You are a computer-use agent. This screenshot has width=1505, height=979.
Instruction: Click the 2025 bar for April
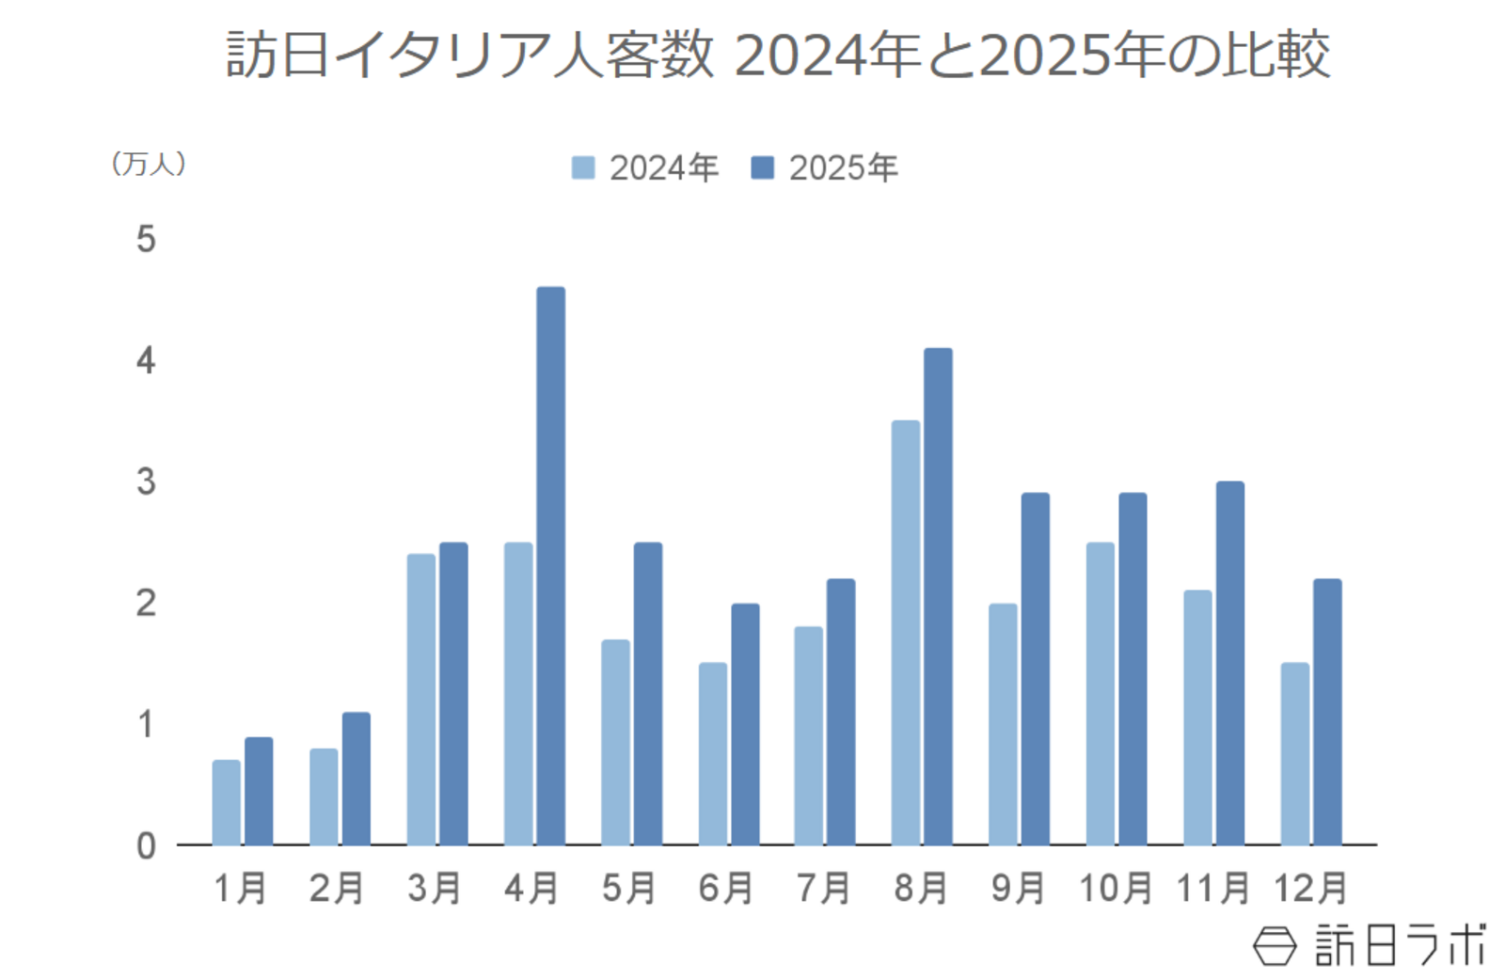click(x=550, y=565)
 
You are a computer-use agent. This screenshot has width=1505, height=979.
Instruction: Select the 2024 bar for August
click(x=906, y=632)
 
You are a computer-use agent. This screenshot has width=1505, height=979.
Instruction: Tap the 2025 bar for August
click(x=938, y=596)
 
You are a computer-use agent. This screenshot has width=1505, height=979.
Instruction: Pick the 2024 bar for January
click(x=226, y=802)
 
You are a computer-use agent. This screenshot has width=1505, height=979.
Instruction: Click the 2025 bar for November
click(x=1229, y=663)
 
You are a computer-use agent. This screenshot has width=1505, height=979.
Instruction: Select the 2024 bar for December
click(x=1294, y=753)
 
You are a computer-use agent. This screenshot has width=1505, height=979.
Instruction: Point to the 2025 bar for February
click(x=356, y=778)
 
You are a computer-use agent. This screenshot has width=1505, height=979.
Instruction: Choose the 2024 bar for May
click(x=615, y=742)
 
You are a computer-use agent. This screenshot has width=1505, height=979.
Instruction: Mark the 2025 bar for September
click(x=1035, y=669)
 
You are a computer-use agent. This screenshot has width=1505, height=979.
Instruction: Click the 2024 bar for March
click(x=420, y=699)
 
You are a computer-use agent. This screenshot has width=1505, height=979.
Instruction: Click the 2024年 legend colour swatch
click(x=583, y=168)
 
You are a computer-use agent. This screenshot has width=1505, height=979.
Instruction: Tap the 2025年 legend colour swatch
click(x=762, y=168)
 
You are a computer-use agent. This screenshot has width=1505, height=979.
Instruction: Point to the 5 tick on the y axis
click(x=146, y=239)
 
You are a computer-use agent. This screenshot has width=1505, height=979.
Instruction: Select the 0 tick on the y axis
click(x=146, y=845)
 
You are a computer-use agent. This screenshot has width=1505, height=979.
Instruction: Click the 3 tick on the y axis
click(x=146, y=482)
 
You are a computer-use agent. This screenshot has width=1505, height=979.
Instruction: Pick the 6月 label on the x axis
click(x=725, y=888)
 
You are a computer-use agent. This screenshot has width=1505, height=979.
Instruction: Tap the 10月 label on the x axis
click(x=1116, y=888)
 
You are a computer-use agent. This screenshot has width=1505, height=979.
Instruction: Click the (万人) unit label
click(x=149, y=164)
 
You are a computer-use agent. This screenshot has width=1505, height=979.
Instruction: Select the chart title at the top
click(x=778, y=55)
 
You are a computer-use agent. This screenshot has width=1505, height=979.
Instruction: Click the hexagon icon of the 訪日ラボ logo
click(x=1275, y=945)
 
